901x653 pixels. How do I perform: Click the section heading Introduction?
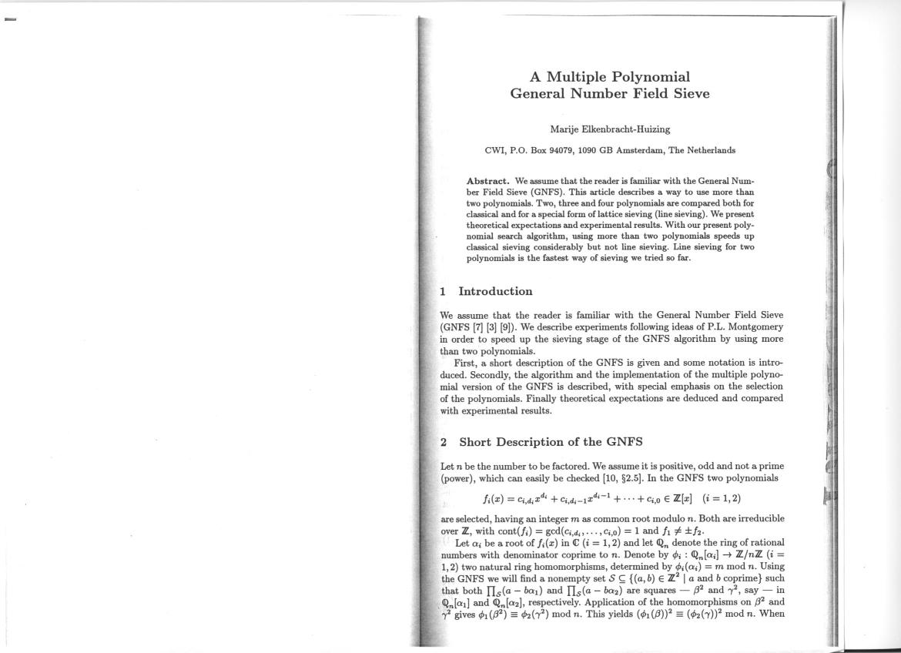495,292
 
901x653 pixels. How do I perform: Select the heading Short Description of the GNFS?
551,443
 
